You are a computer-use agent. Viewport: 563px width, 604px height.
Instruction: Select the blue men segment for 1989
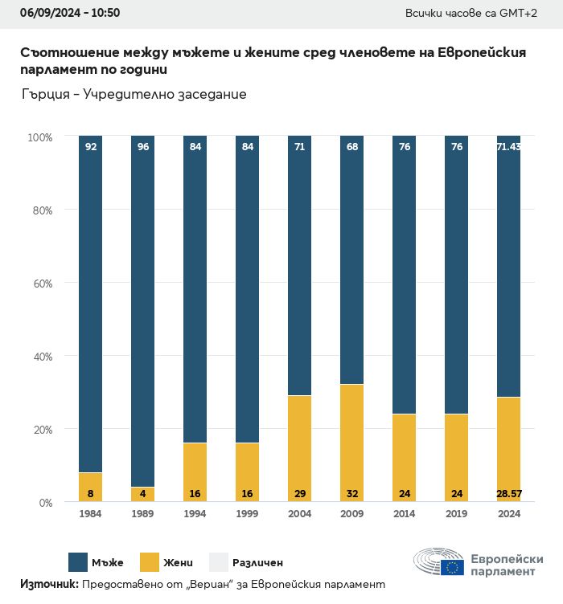click(x=142, y=309)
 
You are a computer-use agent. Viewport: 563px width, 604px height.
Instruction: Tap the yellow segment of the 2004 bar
click(x=299, y=446)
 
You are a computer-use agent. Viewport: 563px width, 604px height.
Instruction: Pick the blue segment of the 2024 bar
click(x=508, y=265)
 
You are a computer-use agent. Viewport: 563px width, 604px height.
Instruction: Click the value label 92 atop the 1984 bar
click(x=91, y=147)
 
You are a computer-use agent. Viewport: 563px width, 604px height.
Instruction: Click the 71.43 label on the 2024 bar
click(x=508, y=147)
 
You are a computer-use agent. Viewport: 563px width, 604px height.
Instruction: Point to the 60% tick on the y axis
click(x=40, y=283)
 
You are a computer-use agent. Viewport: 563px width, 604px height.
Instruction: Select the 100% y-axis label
click(x=39, y=137)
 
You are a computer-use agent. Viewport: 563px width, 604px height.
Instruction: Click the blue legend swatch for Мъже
click(x=79, y=562)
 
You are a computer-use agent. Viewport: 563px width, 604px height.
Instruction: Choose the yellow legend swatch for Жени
click(x=150, y=562)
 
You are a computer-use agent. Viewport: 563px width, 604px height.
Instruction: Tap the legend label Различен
click(x=257, y=562)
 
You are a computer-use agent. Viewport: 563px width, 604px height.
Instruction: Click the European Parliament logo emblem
click(x=438, y=563)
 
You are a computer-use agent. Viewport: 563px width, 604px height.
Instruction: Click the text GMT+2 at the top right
click(x=524, y=13)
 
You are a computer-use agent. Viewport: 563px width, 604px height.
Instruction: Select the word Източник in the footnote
click(x=48, y=584)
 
